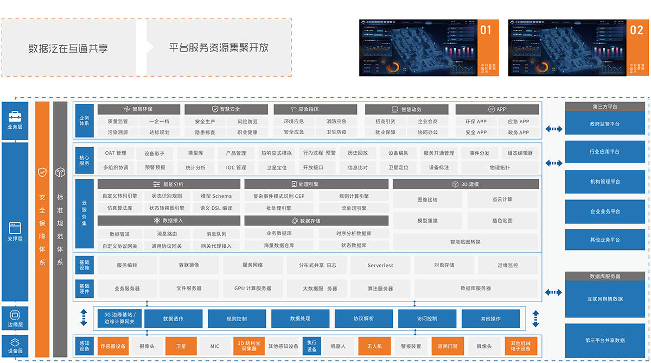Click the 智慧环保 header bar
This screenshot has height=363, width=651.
(x=138, y=109)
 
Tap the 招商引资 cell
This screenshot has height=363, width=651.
(x=385, y=122)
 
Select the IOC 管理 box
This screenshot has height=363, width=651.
(x=236, y=167)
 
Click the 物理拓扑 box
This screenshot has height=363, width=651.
(x=499, y=167)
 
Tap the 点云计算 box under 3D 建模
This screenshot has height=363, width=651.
(x=502, y=199)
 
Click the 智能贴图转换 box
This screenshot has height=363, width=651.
(x=465, y=242)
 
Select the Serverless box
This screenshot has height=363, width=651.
(x=380, y=265)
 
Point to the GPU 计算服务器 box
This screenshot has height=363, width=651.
(x=253, y=289)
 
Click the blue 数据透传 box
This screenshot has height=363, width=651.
(x=173, y=318)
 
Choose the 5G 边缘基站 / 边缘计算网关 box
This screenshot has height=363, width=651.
(x=119, y=318)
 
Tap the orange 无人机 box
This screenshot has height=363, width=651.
(x=374, y=346)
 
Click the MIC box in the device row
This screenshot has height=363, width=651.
(x=215, y=346)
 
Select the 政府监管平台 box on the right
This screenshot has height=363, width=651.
(x=604, y=124)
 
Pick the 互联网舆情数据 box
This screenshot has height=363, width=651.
(x=604, y=299)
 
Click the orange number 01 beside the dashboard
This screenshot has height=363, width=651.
(x=486, y=30)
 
